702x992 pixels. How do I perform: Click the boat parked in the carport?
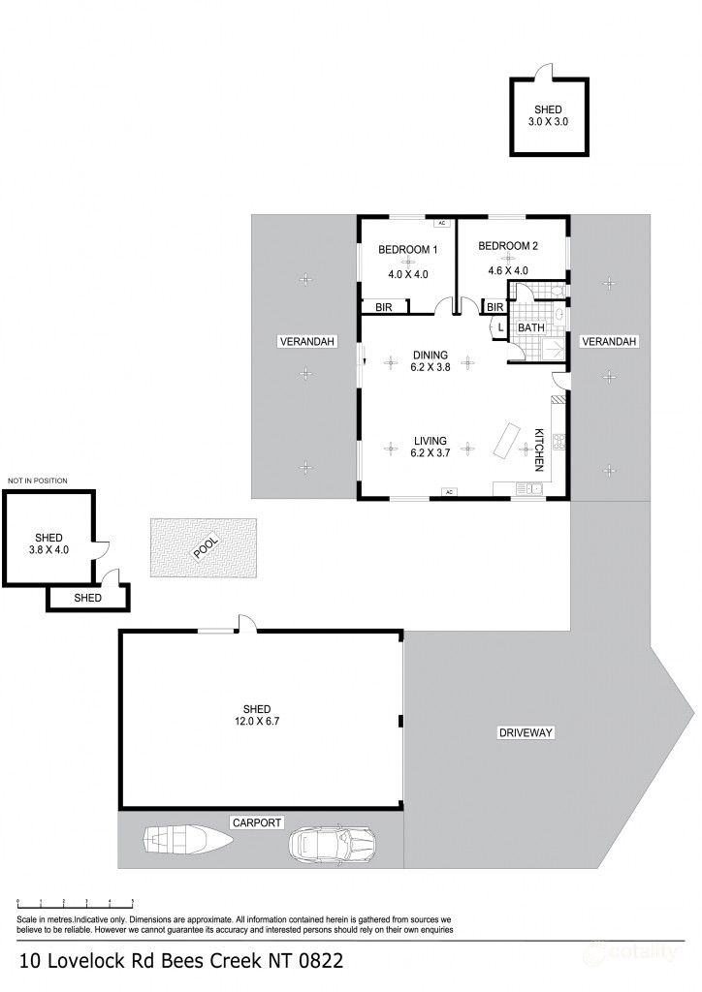(x=189, y=838)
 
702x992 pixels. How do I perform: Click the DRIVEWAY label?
(x=526, y=732)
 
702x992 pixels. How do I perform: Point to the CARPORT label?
(x=256, y=822)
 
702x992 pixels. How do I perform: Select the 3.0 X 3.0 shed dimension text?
(x=548, y=123)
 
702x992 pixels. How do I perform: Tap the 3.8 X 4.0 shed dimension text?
(x=48, y=550)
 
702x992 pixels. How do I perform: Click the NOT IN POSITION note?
(x=37, y=480)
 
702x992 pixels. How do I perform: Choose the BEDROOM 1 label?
(x=407, y=250)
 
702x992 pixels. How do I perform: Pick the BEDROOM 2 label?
(x=507, y=246)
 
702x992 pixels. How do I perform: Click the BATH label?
(x=530, y=328)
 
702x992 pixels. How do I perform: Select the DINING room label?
(x=430, y=354)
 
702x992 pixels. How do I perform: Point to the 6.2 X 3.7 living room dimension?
(x=430, y=452)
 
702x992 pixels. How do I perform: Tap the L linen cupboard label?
(x=499, y=327)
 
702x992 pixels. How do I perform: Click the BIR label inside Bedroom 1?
(x=383, y=307)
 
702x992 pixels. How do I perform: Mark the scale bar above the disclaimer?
(x=77, y=902)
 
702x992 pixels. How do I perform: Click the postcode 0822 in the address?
(x=316, y=962)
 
